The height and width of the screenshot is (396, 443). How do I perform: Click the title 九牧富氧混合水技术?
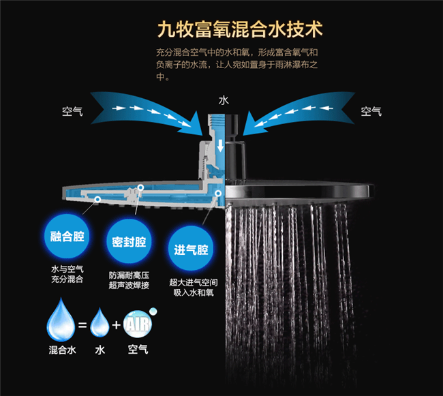click(x=240, y=29)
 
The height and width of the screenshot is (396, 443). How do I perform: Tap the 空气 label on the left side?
click(x=72, y=111)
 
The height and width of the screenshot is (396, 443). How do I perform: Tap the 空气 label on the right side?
click(x=371, y=111)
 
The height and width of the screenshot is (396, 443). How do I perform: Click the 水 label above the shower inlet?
click(x=224, y=100)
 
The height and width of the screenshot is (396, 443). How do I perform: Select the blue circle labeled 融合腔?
click(x=67, y=236)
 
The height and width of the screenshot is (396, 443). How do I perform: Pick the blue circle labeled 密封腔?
click(x=129, y=242)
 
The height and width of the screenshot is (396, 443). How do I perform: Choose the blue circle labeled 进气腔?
click(x=191, y=249)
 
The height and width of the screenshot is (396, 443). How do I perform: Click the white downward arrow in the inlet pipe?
click(x=220, y=145)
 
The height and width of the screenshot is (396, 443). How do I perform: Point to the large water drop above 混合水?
click(x=61, y=320)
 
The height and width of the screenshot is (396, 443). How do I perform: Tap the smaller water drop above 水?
click(x=100, y=322)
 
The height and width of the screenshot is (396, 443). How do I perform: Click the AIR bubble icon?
click(x=138, y=324)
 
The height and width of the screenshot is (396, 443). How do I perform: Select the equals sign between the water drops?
click(x=82, y=325)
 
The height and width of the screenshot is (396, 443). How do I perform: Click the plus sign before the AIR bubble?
click(x=116, y=325)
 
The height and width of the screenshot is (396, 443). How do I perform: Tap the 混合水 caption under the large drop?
click(x=62, y=350)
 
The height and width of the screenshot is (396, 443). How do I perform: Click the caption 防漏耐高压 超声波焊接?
click(x=129, y=280)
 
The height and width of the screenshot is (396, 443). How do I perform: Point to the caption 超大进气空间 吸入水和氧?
click(x=194, y=288)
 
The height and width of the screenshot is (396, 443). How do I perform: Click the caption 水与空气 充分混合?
click(x=67, y=274)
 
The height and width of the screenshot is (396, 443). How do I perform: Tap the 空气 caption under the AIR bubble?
click(x=138, y=350)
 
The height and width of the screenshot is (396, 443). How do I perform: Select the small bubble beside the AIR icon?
click(x=153, y=311)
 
